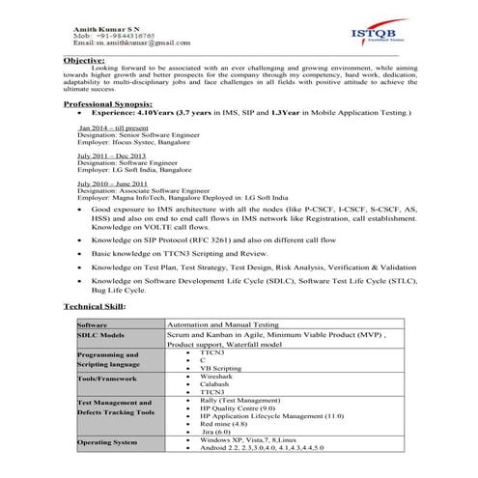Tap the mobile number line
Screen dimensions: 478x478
click(108, 36)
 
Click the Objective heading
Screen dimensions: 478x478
click(84, 60)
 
